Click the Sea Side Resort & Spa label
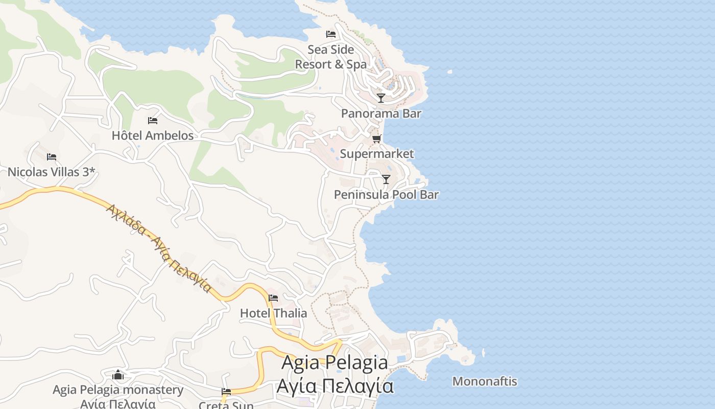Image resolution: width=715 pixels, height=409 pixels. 331,57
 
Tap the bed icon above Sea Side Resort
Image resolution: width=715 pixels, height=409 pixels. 331,34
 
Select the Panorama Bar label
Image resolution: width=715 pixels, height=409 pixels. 381,113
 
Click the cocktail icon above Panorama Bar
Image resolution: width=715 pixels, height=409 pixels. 381,98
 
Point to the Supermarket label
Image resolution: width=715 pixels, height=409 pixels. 377,154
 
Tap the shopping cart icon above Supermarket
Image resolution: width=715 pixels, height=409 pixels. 377,139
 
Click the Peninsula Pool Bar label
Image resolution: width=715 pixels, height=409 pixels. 386,195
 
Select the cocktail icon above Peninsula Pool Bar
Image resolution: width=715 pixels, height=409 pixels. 386,179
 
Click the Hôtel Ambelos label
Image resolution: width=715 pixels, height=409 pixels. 153,135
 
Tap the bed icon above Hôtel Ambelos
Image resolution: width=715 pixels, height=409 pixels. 153,121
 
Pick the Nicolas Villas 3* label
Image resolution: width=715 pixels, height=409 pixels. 51,172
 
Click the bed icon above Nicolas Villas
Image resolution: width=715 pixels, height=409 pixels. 52,157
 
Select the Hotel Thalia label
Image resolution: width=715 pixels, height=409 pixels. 274,313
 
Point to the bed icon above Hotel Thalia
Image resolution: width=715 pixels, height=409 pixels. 273,298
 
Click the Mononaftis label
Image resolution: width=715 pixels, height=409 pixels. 485,381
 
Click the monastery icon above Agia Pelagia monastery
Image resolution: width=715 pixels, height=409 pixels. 118,375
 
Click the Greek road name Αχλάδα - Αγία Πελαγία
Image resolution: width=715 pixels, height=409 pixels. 158,248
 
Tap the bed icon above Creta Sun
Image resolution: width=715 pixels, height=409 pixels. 226,392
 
